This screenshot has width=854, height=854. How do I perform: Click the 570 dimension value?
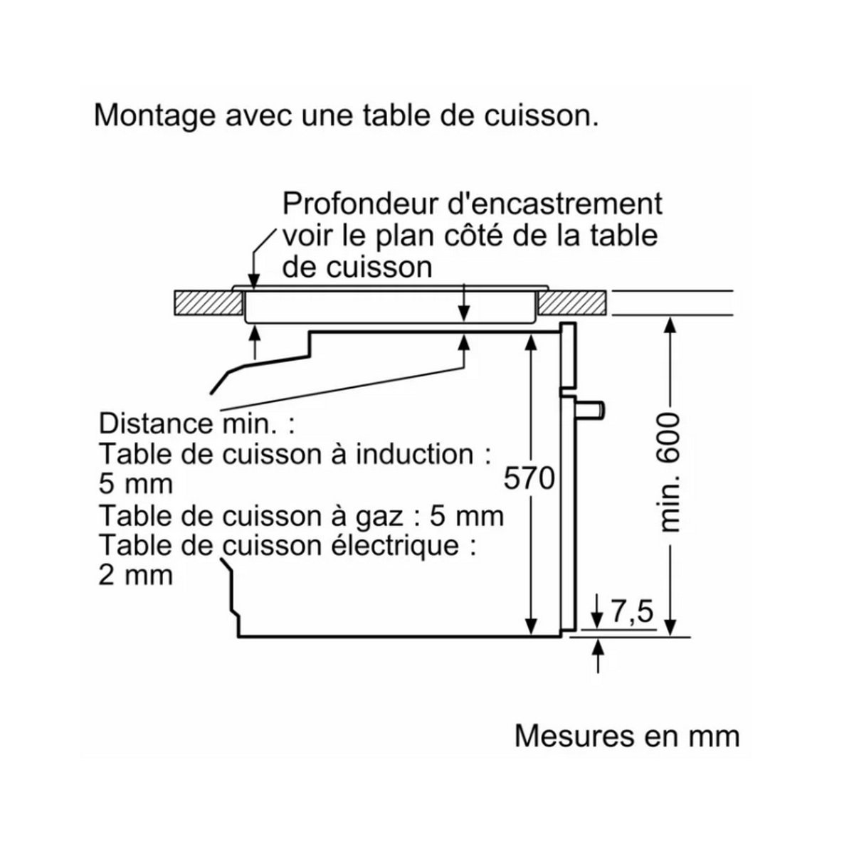[529, 478]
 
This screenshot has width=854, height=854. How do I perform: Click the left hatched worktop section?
[206, 304]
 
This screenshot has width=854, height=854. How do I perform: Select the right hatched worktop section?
[572, 304]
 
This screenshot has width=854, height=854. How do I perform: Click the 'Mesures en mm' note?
[626, 736]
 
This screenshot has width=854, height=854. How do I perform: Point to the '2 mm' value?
[135, 575]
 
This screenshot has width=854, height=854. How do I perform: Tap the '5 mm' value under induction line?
[135, 484]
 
